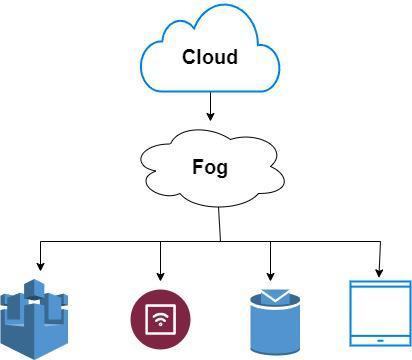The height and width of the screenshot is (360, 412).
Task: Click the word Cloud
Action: coord(209,56)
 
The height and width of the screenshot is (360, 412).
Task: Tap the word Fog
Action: coord(210,166)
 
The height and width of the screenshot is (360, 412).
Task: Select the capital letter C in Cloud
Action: coord(189,56)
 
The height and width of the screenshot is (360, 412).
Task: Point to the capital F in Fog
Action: coord(197,166)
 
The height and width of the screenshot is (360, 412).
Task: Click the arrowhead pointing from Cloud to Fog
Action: coord(209,115)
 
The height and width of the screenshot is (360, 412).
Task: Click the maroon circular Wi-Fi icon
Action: coord(159,321)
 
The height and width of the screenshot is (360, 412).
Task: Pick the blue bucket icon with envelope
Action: coord(272,320)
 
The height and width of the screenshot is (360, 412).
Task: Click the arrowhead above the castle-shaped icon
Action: coord(40,268)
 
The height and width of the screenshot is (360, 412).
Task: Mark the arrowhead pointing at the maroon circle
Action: coord(159,275)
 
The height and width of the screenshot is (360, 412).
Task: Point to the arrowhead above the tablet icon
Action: coord(379,271)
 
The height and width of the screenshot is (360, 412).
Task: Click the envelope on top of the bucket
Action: coord(272,295)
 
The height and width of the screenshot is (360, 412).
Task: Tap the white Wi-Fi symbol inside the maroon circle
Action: coord(159,322)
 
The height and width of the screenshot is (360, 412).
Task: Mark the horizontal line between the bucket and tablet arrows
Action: coord(325,241)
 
